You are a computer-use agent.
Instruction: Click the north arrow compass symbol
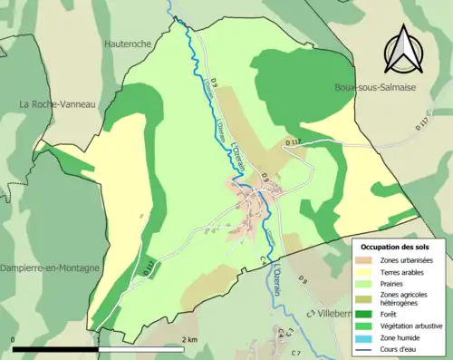tap(401, 49)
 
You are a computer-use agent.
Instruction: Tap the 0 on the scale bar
tap(14, 339)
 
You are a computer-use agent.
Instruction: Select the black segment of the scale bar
tap(54, 348)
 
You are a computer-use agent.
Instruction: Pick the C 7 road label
tap(295, 352)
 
